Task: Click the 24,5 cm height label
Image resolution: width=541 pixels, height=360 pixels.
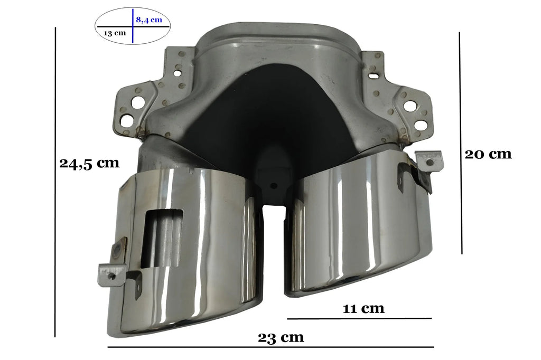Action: click(x=89, y=163)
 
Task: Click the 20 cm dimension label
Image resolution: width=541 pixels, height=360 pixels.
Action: click(x=488, y=154)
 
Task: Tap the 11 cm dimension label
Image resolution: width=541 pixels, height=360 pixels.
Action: click(x=363, y=308)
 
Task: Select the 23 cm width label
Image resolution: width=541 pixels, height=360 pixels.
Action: click(x=281, y=337)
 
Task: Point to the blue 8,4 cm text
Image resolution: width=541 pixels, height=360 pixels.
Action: click(x=148, y=20)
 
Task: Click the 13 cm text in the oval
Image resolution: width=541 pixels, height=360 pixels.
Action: click(x=115, y=33)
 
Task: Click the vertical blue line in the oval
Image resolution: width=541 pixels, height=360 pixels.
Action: click(x=133, y=26)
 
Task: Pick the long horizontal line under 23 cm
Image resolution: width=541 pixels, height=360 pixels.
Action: click(x=271, y=347)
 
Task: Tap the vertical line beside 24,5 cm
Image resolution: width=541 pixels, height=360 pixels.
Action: click(x=55, y=182)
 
